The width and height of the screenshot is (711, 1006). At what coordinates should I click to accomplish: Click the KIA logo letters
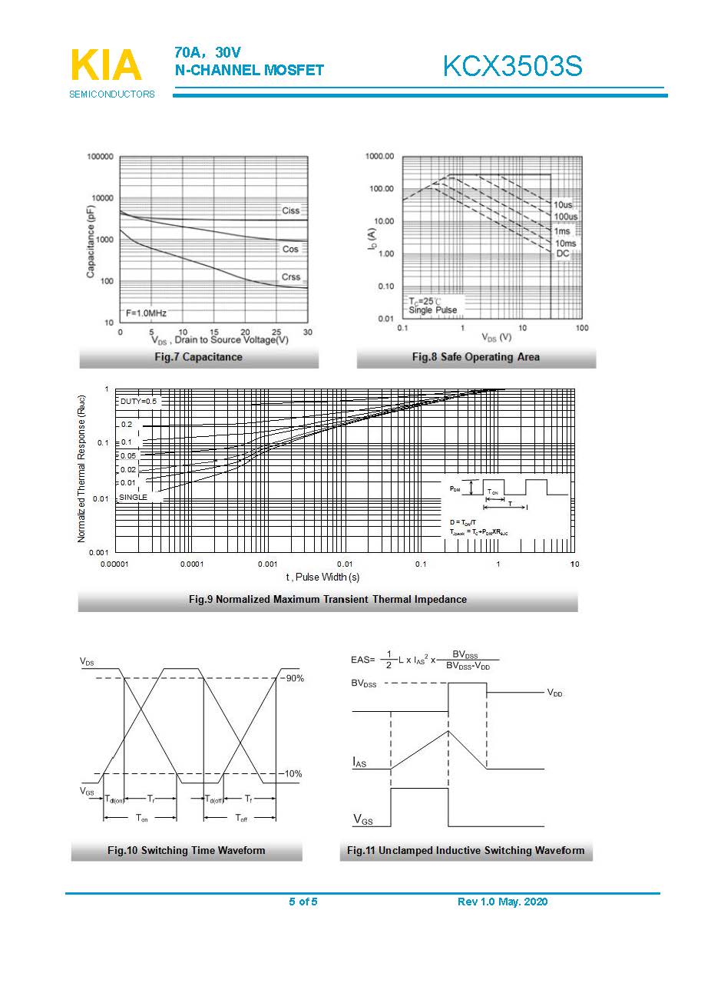[106, 65]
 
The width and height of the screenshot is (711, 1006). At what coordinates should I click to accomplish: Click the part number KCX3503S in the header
[512, 67]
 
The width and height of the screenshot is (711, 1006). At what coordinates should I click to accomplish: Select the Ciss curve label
[290, 210]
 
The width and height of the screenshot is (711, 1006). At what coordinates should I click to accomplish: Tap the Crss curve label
[290, 276]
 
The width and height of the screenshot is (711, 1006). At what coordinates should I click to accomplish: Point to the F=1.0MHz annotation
[146, 313]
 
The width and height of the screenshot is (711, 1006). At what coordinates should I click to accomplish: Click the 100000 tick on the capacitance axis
[100, 157]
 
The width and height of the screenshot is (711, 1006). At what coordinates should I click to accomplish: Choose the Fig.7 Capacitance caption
[198, 357]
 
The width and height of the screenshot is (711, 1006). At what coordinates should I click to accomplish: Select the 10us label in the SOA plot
[563, 205]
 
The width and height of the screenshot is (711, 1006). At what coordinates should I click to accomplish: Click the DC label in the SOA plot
[563, 253]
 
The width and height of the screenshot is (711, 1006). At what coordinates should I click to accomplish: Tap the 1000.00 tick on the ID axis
[379, 157]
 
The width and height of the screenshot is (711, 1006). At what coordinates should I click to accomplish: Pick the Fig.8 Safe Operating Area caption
[475, 357]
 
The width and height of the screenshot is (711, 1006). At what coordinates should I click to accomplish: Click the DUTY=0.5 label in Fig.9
[138, 402]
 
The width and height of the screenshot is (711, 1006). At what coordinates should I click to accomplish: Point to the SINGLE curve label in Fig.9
[133, 497]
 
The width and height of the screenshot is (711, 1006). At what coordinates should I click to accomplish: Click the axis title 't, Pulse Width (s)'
[322, 577]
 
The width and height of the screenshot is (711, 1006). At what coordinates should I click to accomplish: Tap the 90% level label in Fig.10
[294, 679]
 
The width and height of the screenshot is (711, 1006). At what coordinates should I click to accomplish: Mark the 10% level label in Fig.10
[293, 774]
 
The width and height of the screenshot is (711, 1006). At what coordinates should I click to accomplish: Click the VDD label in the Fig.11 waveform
[554, 693]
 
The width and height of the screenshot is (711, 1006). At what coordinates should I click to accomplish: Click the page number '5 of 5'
[303, 902]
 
